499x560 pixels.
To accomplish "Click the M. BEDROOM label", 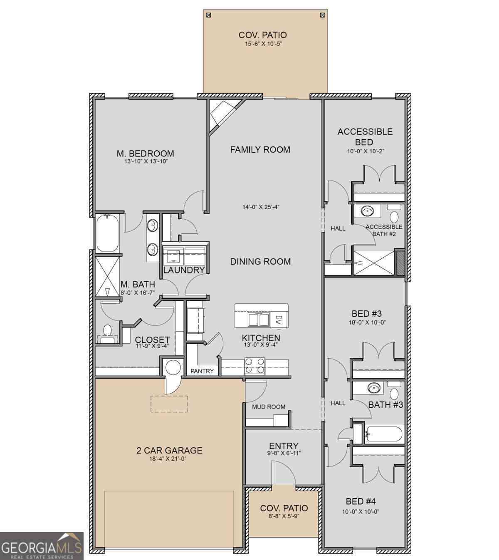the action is (146, 153).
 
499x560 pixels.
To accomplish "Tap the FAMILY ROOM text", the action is (260, 149).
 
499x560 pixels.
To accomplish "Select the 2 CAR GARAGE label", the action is (169, 450).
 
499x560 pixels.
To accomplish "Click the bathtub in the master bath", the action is (108, 233).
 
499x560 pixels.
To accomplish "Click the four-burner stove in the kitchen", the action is (254, 366).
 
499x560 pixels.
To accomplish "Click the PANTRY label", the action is (202, 371).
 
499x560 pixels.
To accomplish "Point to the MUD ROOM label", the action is (269, 406).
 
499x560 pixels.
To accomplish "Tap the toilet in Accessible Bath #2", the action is (394, 217).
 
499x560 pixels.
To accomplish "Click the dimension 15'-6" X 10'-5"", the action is (263, 44).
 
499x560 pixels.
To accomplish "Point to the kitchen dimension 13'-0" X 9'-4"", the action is (261, 344).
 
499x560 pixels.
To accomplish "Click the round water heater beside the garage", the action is (173, 367).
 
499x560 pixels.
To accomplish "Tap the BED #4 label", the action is (361, 501).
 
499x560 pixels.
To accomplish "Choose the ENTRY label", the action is (284, 446).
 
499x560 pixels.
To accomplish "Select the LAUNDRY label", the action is (184, 270).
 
